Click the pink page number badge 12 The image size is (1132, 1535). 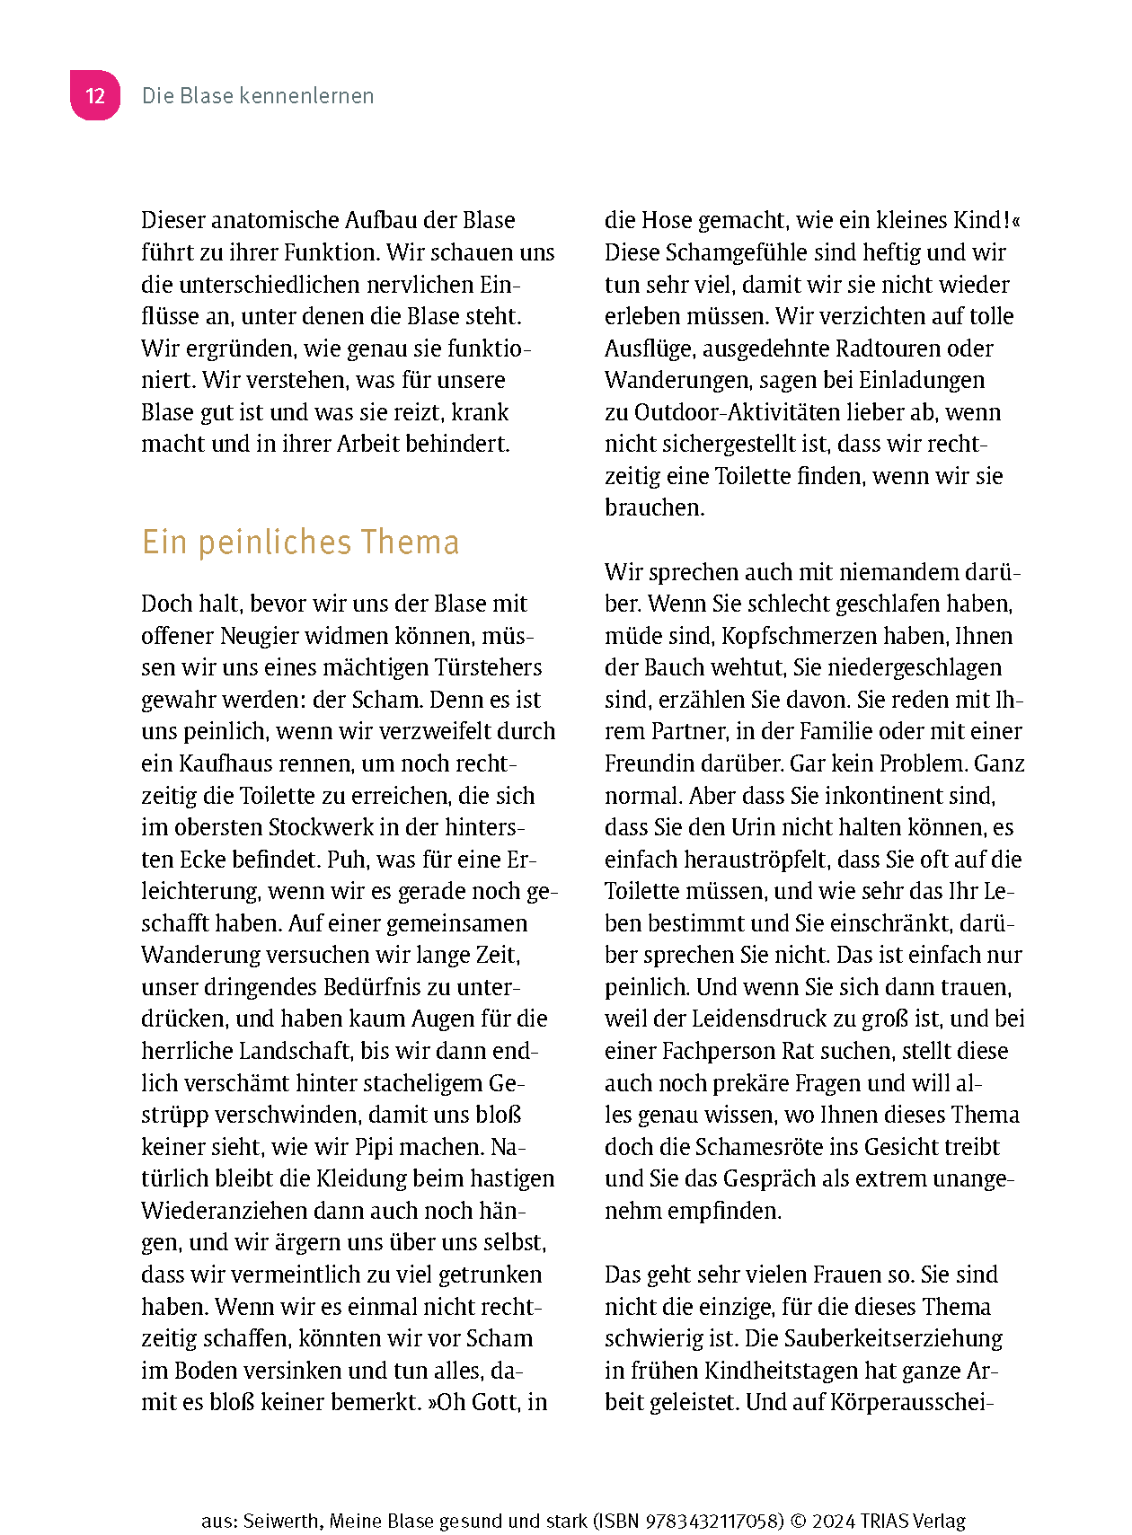[x=95, y=95]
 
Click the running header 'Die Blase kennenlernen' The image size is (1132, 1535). [x=258, y=96]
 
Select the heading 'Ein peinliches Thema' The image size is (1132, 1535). [x=300, y=543]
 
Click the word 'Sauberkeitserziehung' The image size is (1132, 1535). [x=893, y=1338]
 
